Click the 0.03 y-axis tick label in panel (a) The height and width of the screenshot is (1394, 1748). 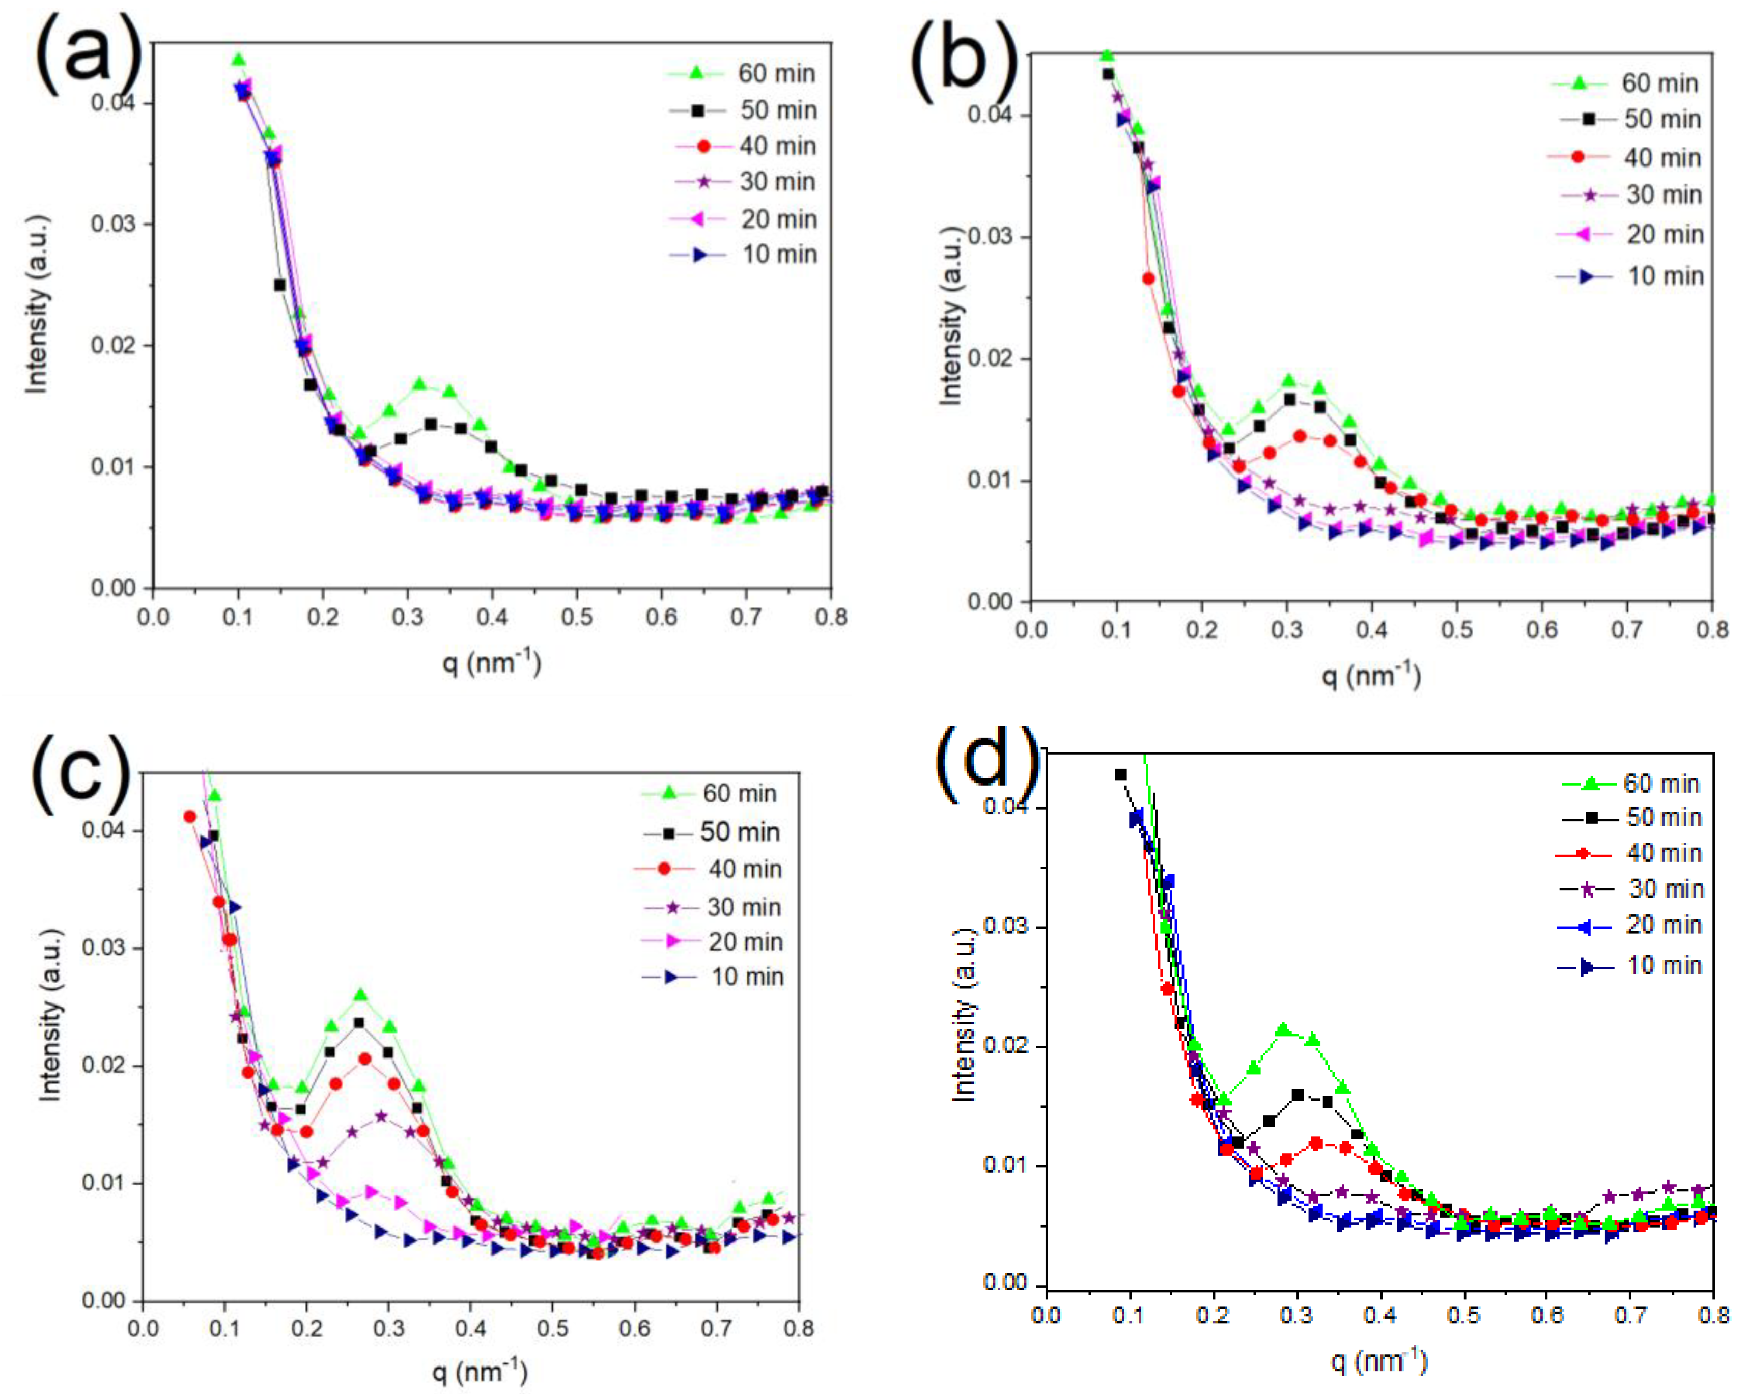pos(112,224)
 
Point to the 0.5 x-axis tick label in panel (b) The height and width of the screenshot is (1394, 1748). pos(1456,629)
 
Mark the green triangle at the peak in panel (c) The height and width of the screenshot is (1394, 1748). pos(361,995)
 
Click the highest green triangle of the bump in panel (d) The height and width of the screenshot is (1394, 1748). pos(1283,1030)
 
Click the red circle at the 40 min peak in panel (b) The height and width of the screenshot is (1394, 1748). pos(1300,436)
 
